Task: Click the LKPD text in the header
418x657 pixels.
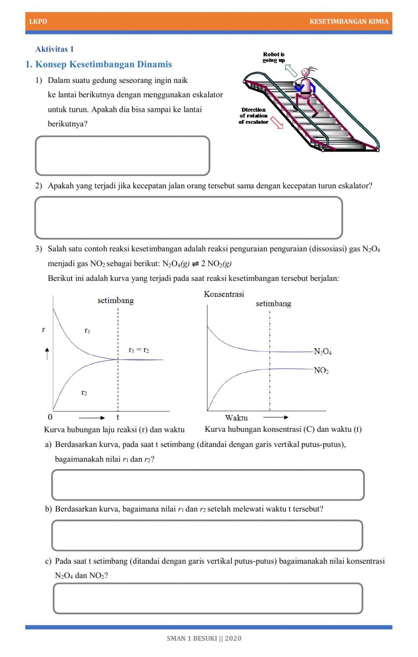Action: [38, 21]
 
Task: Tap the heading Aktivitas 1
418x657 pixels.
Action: [54, 49]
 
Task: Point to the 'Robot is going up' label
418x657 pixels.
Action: [274, 57]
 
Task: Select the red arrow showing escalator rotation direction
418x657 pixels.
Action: [277, 123]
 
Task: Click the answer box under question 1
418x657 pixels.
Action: [122, 156]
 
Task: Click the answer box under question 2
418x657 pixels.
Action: [189, 218]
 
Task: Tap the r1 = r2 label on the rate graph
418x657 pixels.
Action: [139, 350]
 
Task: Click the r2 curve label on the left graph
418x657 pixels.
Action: [84, 393]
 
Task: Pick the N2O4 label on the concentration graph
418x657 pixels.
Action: [323, 352]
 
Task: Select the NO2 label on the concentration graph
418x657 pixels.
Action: [321, 370]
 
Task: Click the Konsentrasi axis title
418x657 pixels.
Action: [224, 294]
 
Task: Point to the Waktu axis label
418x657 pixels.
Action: [236, 418]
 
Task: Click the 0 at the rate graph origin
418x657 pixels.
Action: [50, 417]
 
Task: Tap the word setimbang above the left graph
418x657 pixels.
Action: [115, 300]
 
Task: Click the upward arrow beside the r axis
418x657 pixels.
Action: [47, 354]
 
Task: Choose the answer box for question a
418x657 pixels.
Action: [208, 485]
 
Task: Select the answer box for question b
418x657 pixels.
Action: [207, 535]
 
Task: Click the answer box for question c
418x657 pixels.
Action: [208, 598]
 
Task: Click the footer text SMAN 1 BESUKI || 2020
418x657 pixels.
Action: [204, 638]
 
